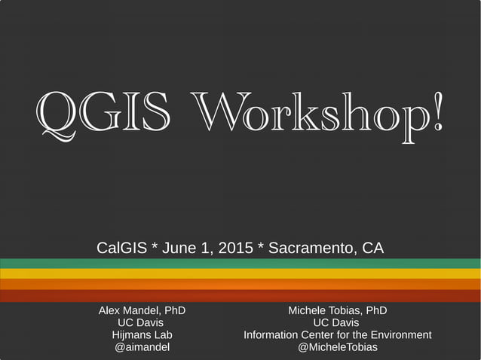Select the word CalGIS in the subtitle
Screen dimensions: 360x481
pyautogui.click(x=121, y=248)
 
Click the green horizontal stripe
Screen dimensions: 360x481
pyautogui.click(x=240, y=264)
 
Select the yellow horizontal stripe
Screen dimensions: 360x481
pyautogui.click(x=240, y=273)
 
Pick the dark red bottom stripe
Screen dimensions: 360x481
pyautogui.click(x=240, y=296)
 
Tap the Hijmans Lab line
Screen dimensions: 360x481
pyautogui.click(x=142, y=334)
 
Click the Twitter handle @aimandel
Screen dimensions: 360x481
pyautogui.click(x=142, y=346)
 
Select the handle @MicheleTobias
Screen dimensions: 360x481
pyautogui.click(x=337, y=346)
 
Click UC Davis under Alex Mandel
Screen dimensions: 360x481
pyautogui.click(x=142, y=322)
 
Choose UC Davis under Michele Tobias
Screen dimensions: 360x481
pyautogui.click(x=337, y=322)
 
